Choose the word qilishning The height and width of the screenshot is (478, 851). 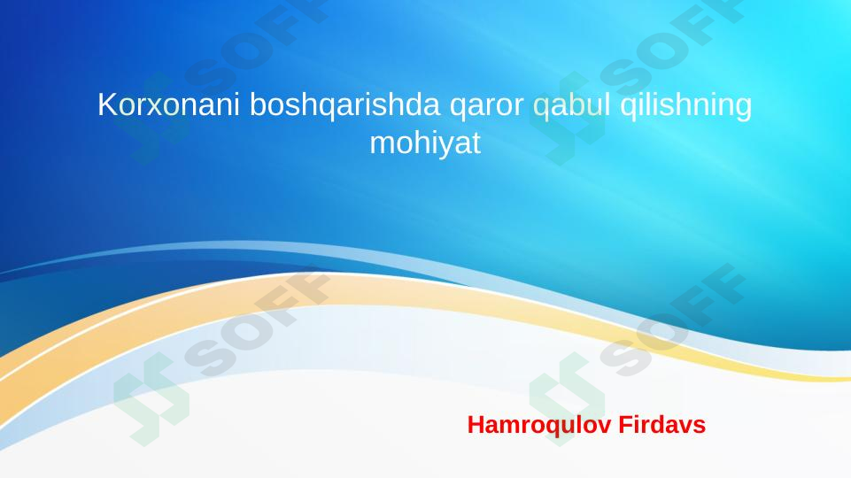[x=686, y=105]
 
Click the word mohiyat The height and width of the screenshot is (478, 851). [x=424, y=143]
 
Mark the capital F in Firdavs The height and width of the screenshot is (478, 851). [x=623, y=425]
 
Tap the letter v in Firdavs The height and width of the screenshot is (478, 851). [x=686, y=426]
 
